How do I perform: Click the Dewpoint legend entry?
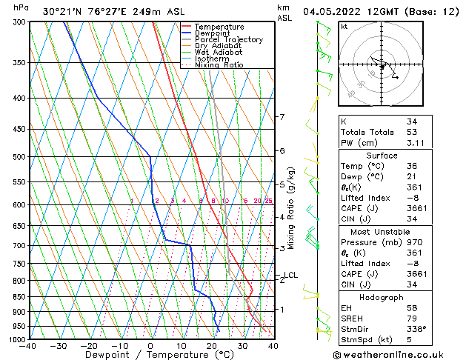coord(212,33)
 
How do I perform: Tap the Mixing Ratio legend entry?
coord(219,65)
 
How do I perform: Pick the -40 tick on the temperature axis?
coord(28,346)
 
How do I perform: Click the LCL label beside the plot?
coord(290,276)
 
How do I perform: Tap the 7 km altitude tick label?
coord(282,117)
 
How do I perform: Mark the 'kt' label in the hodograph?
coord(344,27)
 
